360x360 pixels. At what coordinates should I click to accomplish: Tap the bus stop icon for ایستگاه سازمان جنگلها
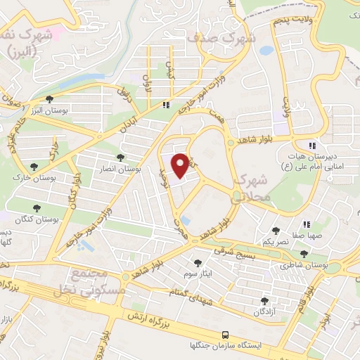tap(225, 335)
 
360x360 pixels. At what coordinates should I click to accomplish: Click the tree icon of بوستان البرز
tap(49, 100)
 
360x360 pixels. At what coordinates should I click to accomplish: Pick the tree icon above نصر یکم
tap(275, 230)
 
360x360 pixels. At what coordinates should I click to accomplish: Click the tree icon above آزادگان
tap(265, 300)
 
